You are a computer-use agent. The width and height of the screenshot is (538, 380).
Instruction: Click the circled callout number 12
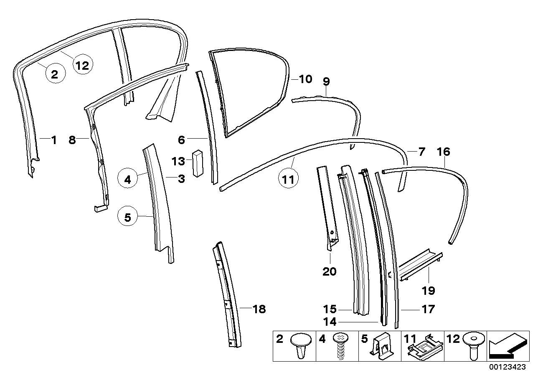pyautogui.click(x=82, y=66)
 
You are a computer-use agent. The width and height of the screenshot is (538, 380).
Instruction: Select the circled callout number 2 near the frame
pyautogui.click(x=54, y=75)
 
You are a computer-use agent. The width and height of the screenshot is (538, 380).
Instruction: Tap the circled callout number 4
pyautogui.click(x=128, y=180)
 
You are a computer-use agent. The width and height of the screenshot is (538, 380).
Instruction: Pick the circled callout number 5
pyautogui.click(x=128, y=217)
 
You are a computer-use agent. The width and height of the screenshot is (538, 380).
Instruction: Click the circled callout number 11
pyautogui.click(x=289, y=180)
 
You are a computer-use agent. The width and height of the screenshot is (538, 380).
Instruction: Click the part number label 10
pyautogui.click(x=306, y=79)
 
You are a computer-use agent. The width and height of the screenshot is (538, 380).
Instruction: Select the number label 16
pyautogui.click(x=444, y=152)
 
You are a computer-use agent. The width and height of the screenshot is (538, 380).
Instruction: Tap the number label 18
pyautogui.click(x=259, y=309)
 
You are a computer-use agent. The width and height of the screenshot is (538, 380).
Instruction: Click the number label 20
pyautogui.click(x=329, y=272)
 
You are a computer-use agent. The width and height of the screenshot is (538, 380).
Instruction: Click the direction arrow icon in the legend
pyautogui.click(x=507, y=346)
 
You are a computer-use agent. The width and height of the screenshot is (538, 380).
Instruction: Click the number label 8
pyautogui.click(x=72, y=140)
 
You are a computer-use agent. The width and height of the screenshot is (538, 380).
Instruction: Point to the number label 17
pyautogui.click(x=428, y=309)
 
